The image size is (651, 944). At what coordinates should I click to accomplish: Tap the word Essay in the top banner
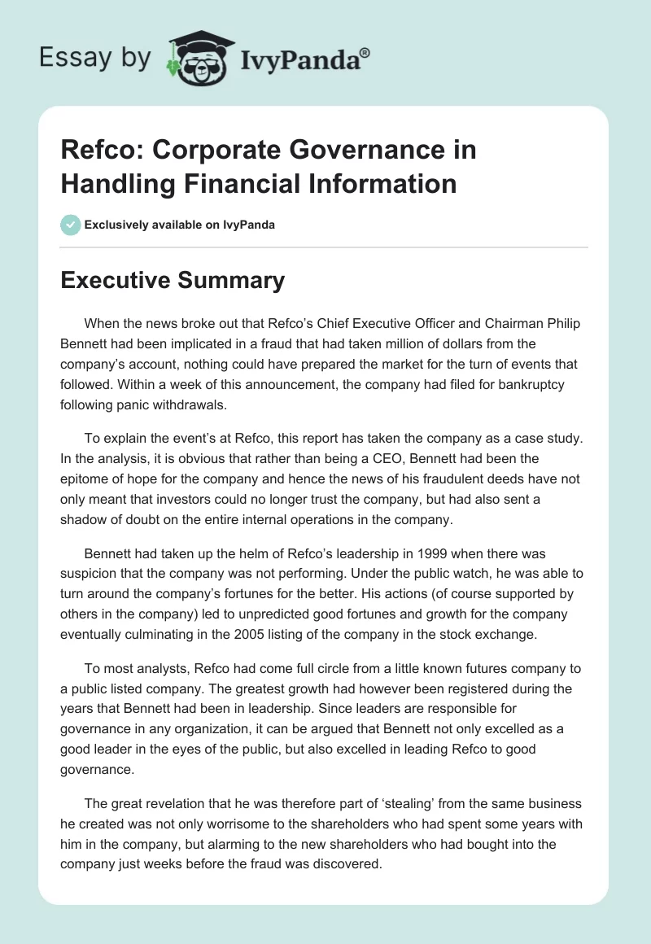coord(66,58)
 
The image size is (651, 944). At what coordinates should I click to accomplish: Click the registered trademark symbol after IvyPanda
coord(365,53)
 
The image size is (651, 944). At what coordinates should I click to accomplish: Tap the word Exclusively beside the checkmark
coord(116,225)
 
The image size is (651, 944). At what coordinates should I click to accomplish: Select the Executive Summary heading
coord(173,281)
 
